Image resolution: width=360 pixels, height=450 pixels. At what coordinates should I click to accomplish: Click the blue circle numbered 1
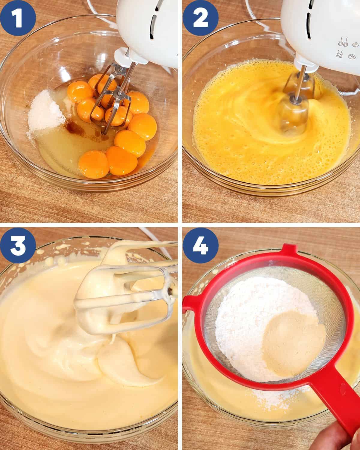[x=18, y=18]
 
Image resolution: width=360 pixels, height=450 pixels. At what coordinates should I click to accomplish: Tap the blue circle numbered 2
[x=201, y=18]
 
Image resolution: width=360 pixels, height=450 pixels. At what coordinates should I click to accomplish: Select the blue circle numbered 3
[x=18, y=245]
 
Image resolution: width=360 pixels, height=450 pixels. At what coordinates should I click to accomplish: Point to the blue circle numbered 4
[x=201, y=245]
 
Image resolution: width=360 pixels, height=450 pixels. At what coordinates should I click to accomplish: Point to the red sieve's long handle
[x=335, y=403]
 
